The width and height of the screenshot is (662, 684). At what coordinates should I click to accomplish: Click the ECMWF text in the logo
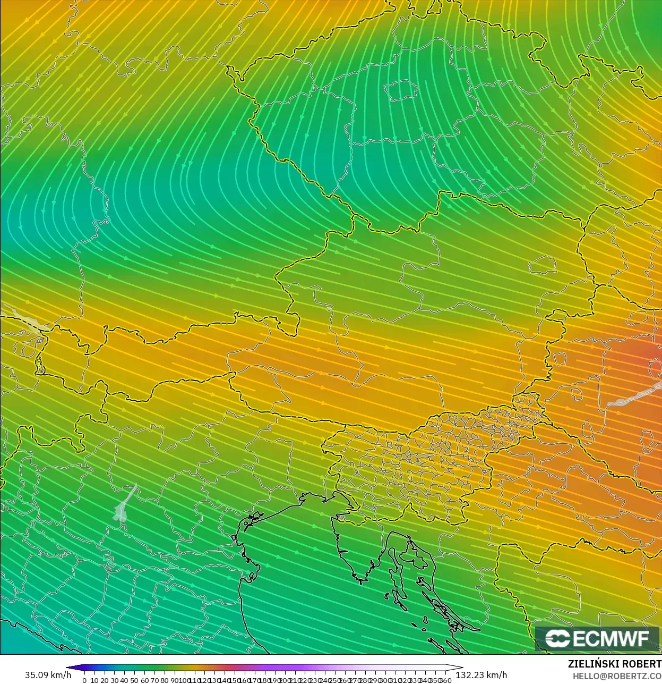[x=611, y=638]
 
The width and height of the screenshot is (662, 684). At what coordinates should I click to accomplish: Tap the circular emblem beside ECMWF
[x=557, y=638]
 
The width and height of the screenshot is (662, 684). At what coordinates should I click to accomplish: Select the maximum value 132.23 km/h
[x=482, y=675]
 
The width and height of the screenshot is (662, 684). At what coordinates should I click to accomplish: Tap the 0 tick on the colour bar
[x=84, y=680]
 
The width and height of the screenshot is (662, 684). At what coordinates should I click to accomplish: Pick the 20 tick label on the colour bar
[x=104, y=680]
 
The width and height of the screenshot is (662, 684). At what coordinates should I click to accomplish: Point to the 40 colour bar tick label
[x=124, y=680]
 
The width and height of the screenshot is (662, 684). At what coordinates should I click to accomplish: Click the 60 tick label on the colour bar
[x=144, y=680]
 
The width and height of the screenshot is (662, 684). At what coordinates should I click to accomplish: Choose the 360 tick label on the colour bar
[x=446, y=680]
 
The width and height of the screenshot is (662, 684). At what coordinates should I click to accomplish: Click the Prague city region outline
[x=401, y=90]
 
